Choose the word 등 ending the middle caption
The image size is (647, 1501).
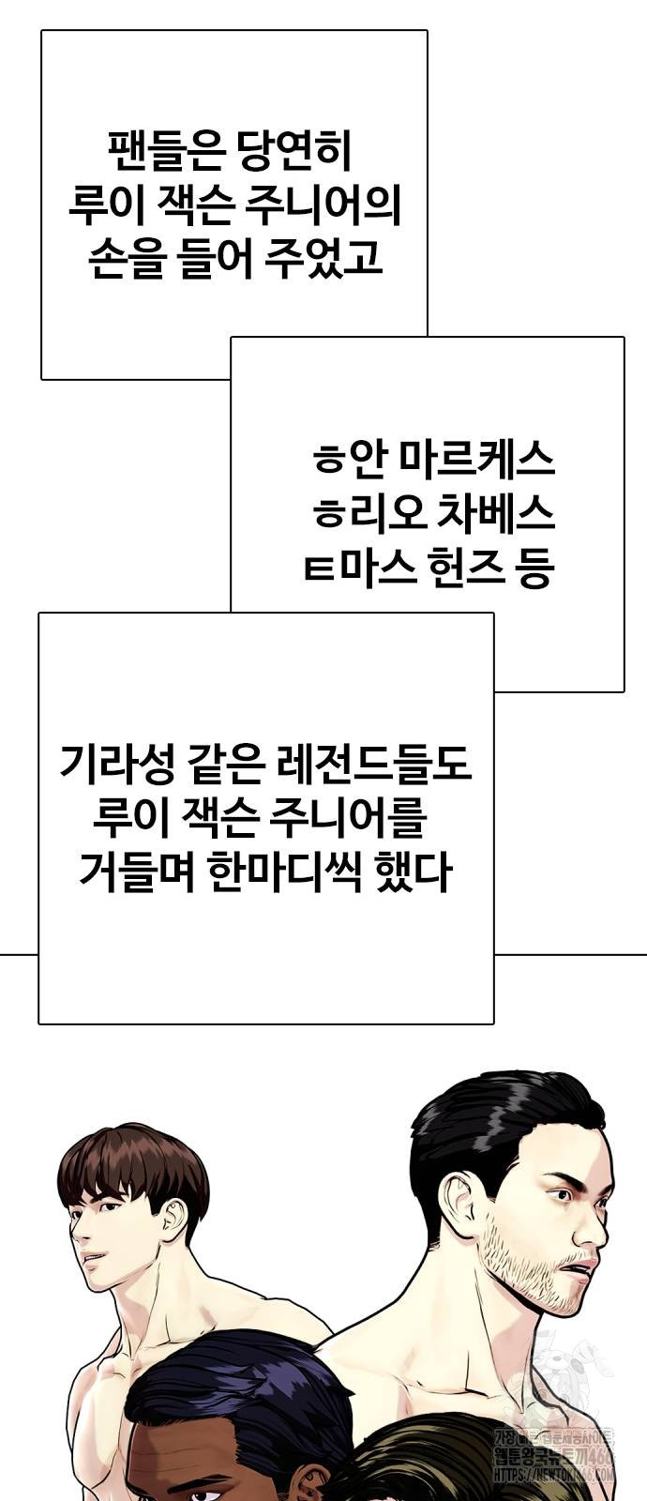[x=533, y=568]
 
